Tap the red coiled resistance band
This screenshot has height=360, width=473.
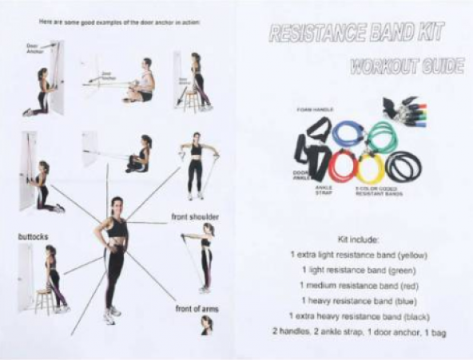pyautogui.click(x=343, y=166)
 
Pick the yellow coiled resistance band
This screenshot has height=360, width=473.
pyautogui.click(x=371, y=167)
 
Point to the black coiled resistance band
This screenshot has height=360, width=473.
pyautogui.click(x=403, y=166)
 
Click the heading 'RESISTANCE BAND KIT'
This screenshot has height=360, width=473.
pyautogui.click(x=357, y=33)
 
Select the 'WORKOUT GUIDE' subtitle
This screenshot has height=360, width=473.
pyautogui.click(x=407, y=66)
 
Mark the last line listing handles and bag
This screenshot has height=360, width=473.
pyautogui.click(x=357, y=330)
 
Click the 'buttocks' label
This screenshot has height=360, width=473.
pyautogui.click(x=34, y=237)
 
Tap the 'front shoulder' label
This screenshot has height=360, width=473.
pyautogui.click(x=195, y=216)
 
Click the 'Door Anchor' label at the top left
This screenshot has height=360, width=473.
pyautogui.click(x=34, y=47)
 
